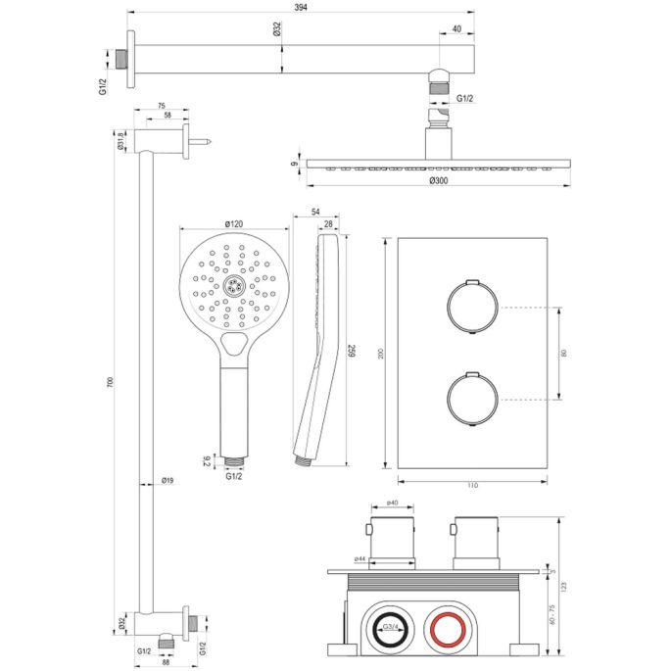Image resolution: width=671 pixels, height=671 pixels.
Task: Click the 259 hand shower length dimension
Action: [351, 350]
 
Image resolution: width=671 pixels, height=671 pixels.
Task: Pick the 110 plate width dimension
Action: [471, 485]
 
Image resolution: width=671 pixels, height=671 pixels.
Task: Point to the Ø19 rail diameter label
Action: [168, 481]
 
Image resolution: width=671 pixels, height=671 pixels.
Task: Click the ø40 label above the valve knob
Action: [392, 503]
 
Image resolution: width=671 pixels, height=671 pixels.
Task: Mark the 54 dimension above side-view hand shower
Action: [316, 212]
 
